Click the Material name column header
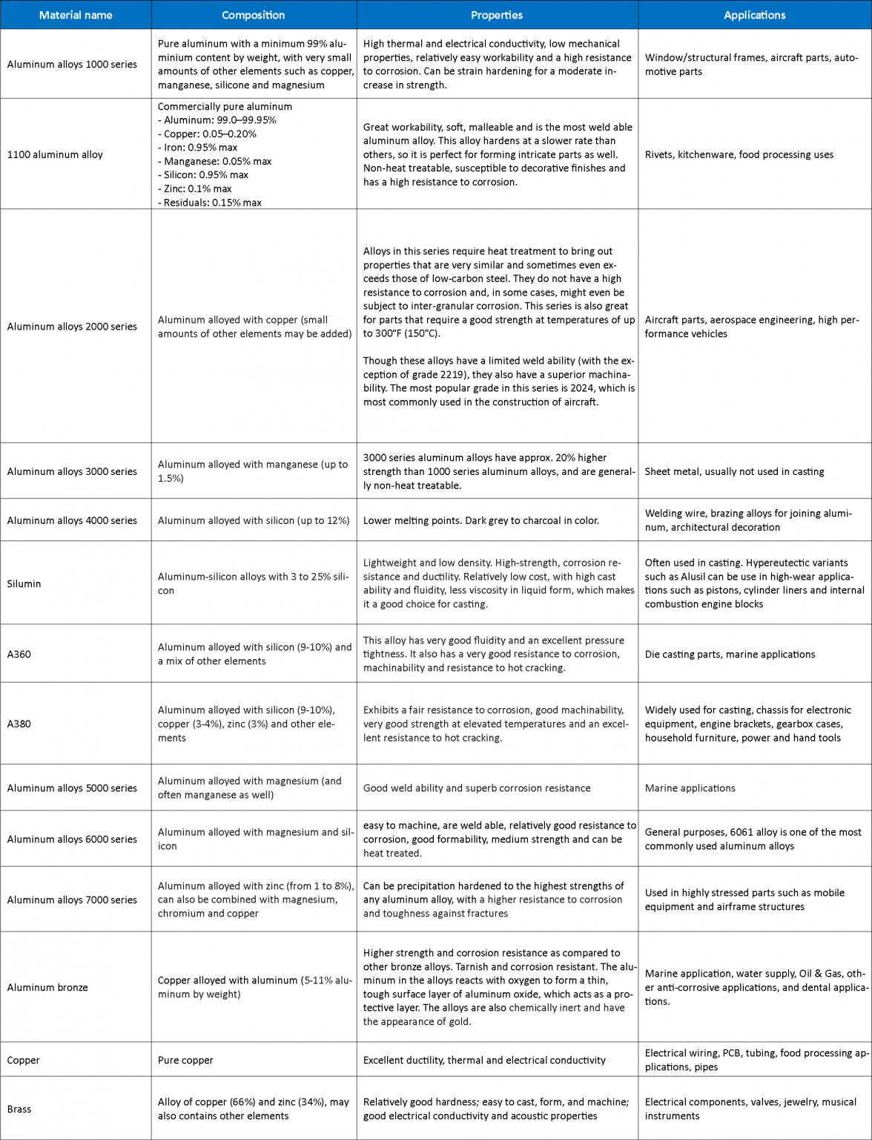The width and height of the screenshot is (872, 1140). (x=76, y=15)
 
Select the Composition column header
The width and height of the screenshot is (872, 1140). (x=254, y=15)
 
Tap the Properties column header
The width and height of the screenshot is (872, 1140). (x=497, y=15)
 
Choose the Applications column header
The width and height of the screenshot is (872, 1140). (x=754, y=15)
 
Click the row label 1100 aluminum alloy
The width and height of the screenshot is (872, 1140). (x=55, y=154)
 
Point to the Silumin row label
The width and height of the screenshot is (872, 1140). (x=24, y=583)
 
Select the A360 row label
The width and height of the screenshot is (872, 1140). (x=19, y=654)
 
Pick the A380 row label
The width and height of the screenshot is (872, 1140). (x=19, y=724)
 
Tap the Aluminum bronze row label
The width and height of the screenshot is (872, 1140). (x=47, y=987)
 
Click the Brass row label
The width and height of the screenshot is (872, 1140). (x=19, y=1109)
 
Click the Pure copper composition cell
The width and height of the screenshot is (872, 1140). (x=185, y=1060)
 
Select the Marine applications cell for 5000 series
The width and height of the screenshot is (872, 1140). (x=690, y=788)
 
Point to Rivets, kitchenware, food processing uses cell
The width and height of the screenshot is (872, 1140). (x=739, y=154)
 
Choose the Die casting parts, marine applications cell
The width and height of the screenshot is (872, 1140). (x=730, y=654)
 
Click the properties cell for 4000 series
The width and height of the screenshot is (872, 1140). (x=480, y=520)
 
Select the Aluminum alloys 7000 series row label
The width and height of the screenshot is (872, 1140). (x=72, y=900)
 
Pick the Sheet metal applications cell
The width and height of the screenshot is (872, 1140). (x=734, y=471)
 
